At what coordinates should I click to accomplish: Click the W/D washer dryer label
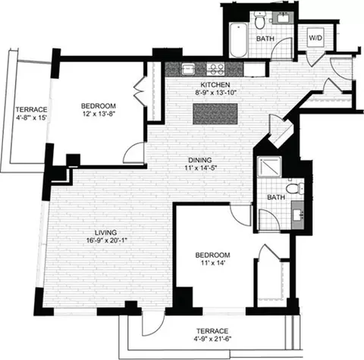(315, 38)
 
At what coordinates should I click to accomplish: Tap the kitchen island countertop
(215, 114)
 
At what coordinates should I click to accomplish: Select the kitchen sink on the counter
(188, 69)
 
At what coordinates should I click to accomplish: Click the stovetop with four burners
(215, 69)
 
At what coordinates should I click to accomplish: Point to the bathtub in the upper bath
(238, 40)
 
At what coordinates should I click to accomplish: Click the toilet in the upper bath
(259, 20)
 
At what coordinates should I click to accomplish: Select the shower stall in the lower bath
(269, 167)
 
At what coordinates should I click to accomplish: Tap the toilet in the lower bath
(294, 188)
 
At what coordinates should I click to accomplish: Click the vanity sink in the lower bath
(298, 215)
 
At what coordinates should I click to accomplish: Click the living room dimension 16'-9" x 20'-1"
(106, 240)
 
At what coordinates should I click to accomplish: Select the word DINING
(200, 160)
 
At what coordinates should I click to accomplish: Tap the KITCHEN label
(215, 85)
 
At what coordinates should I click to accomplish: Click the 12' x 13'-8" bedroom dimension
(99, 114)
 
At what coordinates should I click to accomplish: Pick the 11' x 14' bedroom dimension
(213, 263)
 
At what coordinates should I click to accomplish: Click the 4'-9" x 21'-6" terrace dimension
(212, 339)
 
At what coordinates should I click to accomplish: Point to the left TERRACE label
(31, 110)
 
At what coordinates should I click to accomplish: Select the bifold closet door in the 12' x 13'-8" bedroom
(140, 91)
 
